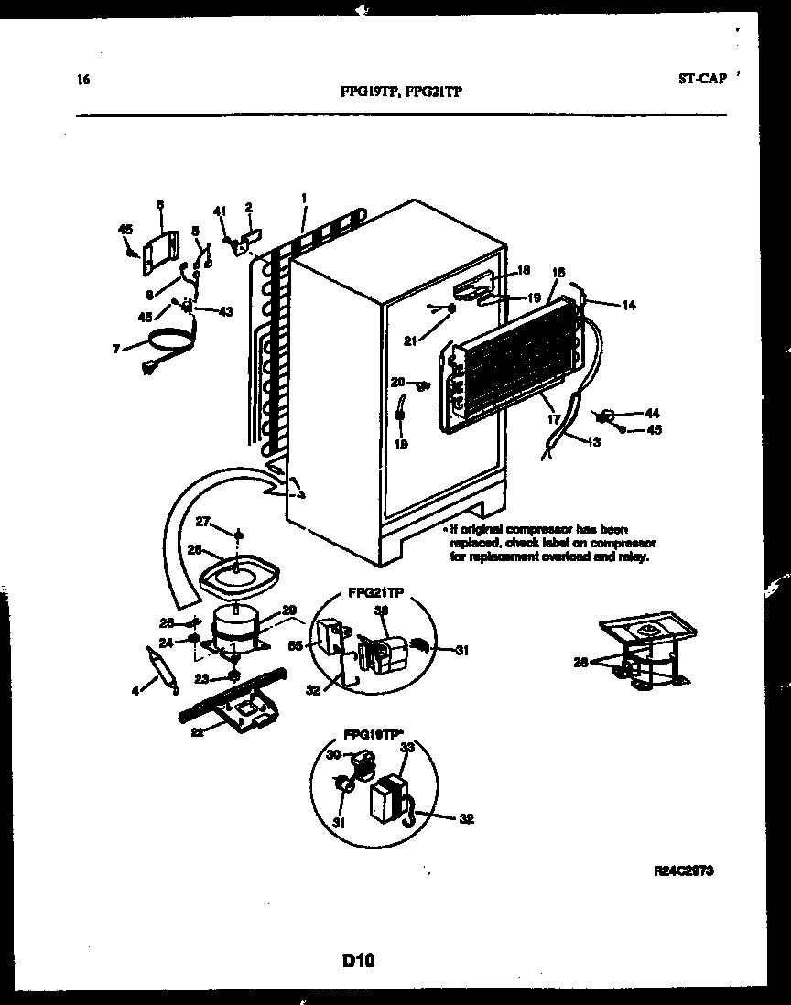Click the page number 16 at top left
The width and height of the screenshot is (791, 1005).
[83, 79]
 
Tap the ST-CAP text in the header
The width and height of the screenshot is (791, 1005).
[702, 79]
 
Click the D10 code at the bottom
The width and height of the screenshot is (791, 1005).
[359, 961]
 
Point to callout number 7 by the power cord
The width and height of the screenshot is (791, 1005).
[116, 348]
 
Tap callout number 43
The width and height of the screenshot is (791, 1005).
[225, 311]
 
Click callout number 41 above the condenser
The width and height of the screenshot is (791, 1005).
[219, 211]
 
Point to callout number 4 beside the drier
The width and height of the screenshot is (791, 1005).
[135, 691]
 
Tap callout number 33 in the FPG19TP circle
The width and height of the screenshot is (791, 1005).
[408, 748]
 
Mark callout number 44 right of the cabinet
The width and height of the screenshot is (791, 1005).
[652, 414]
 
